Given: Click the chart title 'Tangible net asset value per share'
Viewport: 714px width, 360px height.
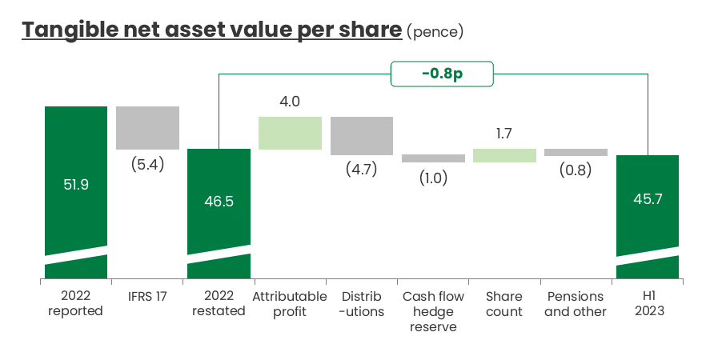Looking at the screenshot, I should [211, 30].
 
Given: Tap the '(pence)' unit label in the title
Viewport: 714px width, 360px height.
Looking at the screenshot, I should [435, 32].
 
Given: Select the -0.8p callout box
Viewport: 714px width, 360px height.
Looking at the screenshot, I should [442, 74].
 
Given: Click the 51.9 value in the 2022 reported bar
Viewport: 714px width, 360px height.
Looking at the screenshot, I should [76, 184].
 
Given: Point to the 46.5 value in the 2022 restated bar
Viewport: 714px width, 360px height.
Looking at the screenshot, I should [219, 202].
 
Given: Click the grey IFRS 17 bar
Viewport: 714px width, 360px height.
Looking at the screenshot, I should [147, 128].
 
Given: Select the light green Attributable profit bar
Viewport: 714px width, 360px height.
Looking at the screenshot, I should [290, 133].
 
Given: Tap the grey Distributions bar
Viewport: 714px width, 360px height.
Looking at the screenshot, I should [361, 136].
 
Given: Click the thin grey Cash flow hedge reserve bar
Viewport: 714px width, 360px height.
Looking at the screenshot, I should [433, 158].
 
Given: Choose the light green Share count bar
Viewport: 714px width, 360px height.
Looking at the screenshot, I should [504, 155].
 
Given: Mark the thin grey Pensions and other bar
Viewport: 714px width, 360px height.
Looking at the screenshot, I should [576, 152].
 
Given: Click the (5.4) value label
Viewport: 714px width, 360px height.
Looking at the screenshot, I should [147, 165].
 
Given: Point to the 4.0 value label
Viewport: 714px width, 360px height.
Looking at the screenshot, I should [290, 102].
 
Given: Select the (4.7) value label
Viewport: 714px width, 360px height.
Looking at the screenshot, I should [361, 170].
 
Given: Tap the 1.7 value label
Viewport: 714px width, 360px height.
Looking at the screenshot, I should [504, 134].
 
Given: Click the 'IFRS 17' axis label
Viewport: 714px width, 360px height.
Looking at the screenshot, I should [147, 297].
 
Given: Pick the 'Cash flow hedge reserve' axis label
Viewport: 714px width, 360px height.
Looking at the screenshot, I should [433, 312].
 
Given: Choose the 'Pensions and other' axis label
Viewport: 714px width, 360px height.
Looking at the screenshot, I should [576, 304].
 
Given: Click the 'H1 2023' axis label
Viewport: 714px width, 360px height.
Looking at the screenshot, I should [647, 304].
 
